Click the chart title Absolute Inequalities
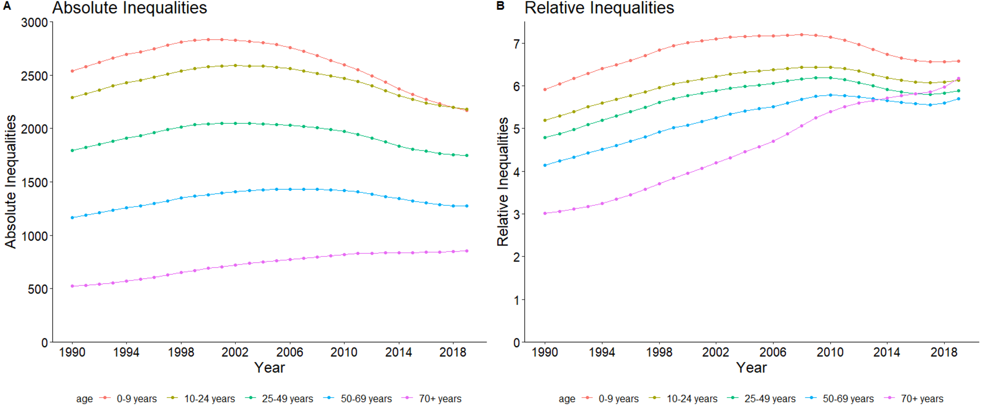point(130,8)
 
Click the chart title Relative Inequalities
point(599,8)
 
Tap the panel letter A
point(7,6)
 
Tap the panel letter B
point(500,6)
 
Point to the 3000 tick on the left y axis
point(34,22)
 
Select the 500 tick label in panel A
point(38,289)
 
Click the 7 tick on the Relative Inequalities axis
point(516,44)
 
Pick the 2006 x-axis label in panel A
point(290,352)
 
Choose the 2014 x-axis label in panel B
point(887,352)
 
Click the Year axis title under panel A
point(269,368)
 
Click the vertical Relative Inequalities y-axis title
point(503,181)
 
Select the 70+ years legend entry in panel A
point(440,399)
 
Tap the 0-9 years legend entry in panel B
point(618,399)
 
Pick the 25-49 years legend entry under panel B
point(769,399)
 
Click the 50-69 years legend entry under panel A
point(366,399)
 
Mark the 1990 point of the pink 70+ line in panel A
point(72,286)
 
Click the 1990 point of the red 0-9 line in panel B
point(545,90)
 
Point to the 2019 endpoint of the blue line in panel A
point(467,206)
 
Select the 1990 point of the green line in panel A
point(72,151)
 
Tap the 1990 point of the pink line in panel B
point(545,213)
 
